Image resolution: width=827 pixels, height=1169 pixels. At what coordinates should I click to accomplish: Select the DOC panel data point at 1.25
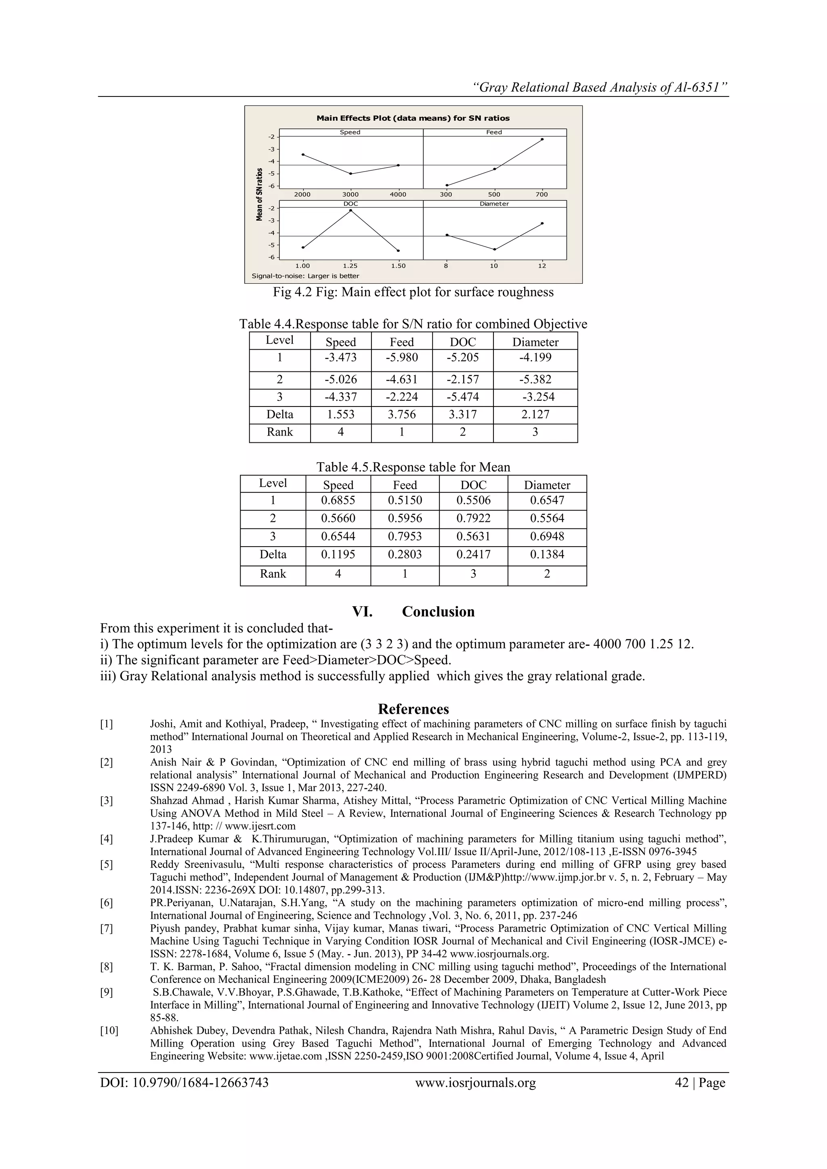tap(351, 210)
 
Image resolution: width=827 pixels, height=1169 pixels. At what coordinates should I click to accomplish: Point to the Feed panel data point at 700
tap(542, 139)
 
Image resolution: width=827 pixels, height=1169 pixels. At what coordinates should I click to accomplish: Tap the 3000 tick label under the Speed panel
tap(351, 194)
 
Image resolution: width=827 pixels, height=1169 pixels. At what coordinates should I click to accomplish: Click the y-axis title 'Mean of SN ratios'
tap(260, 195)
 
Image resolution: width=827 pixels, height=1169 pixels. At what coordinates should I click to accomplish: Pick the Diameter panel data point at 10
tap(494, 249)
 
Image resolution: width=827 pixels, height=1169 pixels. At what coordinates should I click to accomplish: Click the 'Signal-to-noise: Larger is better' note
tap(306, 276)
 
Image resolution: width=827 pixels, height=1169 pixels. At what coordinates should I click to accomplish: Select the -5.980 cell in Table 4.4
tap(402, 357)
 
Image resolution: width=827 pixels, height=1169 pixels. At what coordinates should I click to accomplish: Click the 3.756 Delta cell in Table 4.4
tap(402, 415)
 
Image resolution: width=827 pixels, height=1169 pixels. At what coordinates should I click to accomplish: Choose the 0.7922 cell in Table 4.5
tap(473, 518)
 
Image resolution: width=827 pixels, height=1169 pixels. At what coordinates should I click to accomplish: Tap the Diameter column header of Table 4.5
tap(547, 485)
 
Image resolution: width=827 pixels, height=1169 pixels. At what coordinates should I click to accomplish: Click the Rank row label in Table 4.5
tap(273, 574)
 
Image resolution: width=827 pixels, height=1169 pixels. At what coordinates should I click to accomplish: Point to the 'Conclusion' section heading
tap(438, 612)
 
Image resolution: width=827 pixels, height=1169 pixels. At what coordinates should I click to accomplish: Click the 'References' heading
tap(413, 709)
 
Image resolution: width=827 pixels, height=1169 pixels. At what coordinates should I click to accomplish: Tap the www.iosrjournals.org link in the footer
tap(476, 1083)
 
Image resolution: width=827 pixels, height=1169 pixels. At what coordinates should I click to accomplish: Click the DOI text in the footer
tap(185, 1083)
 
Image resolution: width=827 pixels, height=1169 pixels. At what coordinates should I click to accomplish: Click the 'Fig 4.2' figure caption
tap(413, 292)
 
